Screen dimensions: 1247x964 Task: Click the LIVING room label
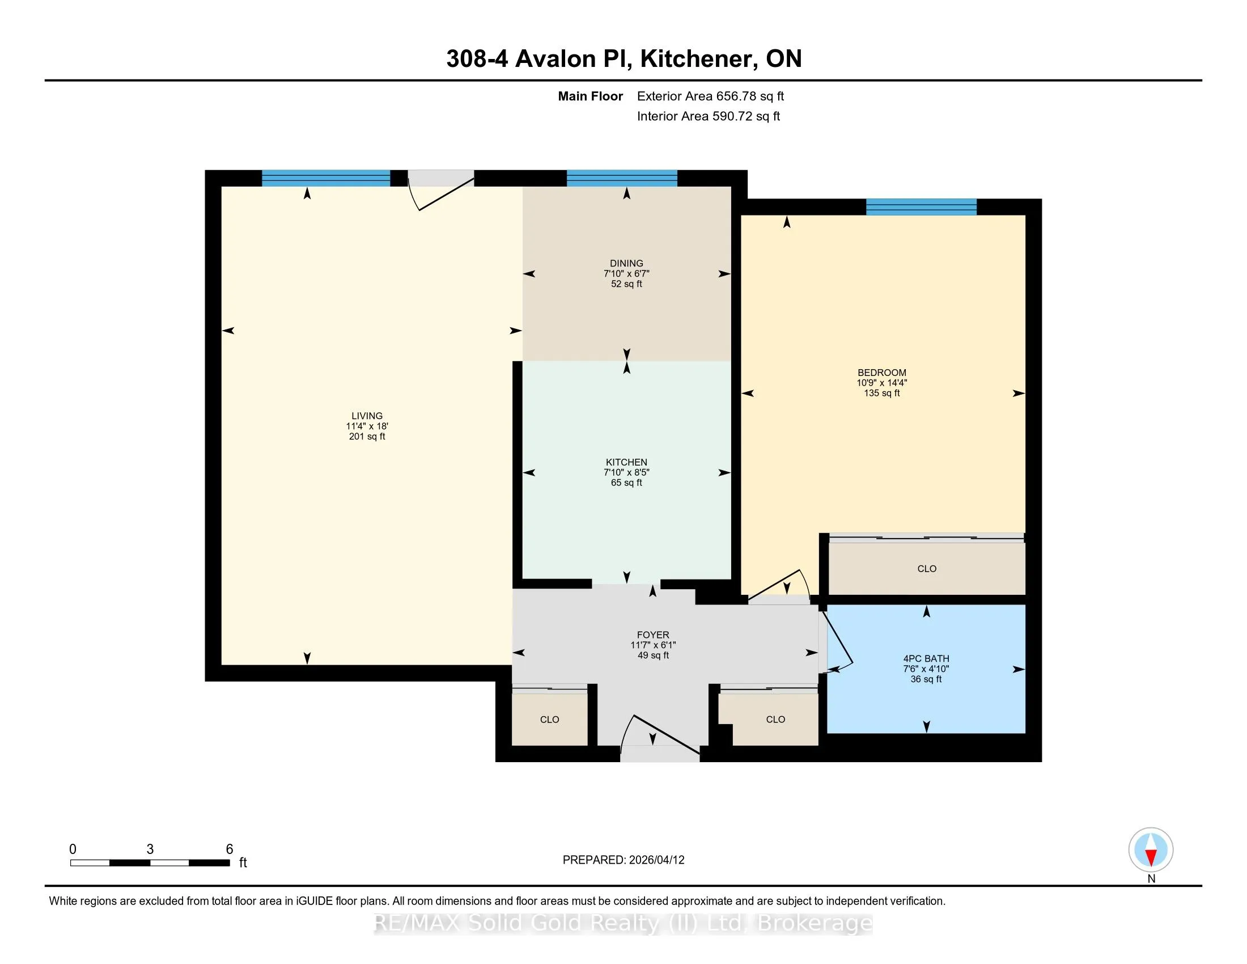367,416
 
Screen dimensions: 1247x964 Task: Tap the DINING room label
626,263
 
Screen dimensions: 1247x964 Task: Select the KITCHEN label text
626,462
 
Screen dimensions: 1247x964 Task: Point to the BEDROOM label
881,373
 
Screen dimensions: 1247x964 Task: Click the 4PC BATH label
926,658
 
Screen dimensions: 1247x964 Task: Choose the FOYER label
652,635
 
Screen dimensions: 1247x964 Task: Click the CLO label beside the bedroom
927,568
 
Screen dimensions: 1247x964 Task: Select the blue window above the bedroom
921,207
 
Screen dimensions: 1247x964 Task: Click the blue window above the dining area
622,178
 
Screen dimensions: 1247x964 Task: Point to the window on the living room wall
325,178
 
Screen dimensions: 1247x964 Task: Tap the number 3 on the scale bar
150,849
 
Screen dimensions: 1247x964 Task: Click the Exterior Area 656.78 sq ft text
710,96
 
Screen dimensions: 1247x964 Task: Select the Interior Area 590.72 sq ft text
708,116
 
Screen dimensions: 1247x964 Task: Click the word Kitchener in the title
695,58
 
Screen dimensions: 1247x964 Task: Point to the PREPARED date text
623,860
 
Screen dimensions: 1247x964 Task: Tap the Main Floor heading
590,96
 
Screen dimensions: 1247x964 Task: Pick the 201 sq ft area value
367,436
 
